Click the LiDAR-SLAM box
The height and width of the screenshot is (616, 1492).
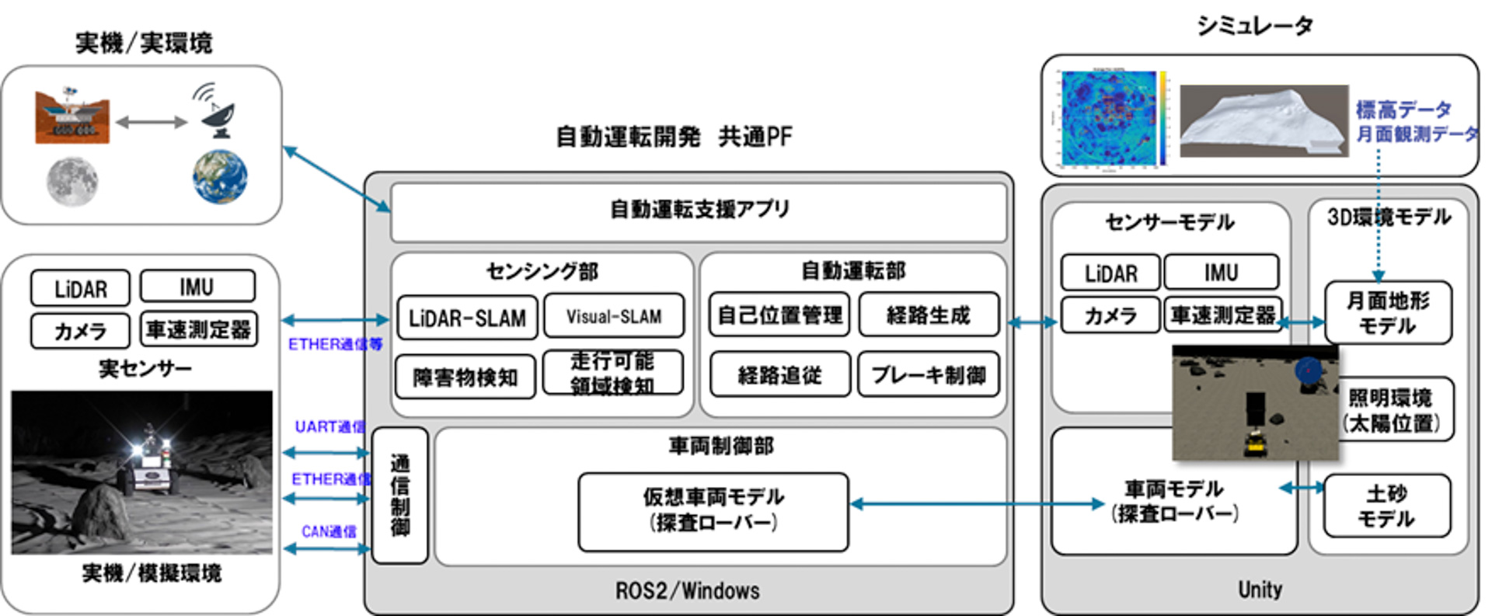pyautogui.click(x=467, y=318)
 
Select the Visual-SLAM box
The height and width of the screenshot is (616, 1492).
pyautogui.click(x=614, y=316)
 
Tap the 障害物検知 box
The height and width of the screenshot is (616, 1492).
pyautogui.click(x=465, y=378)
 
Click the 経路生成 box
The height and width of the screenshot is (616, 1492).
pyautogui.click(x=929, y=315)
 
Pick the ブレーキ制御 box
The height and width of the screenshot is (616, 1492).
pyautogui.click(x=929, y=375)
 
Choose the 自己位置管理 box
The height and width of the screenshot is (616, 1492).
pyautogui.click(x=779, y=315)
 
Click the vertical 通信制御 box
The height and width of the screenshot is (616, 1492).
pyautogui.click(x=399, y=496)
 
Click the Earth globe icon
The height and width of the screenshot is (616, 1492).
pyautogui.click(x=220, y=177)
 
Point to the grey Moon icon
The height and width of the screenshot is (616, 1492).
pyautogui.click(x=71, y=182)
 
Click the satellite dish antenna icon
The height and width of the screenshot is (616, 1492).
pyautogui.click(x=216, y=111)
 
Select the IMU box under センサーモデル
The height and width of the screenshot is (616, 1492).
pyautogui.click(x=1220, y=273)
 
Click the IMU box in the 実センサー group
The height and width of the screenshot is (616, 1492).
pyautogui.click(x=197, y=287)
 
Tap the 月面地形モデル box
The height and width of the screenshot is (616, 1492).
pyautogui.click(x=1387, y=312)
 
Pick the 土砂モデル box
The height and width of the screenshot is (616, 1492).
pyautogui.click(x=1386, y=506)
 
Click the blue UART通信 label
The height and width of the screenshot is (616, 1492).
pyautogui.click(x=329, y=427)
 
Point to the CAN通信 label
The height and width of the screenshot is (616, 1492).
pyautogui.click(x=329, y=532)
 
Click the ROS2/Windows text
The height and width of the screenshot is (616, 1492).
pyautogui.click(x=687, y=590)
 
